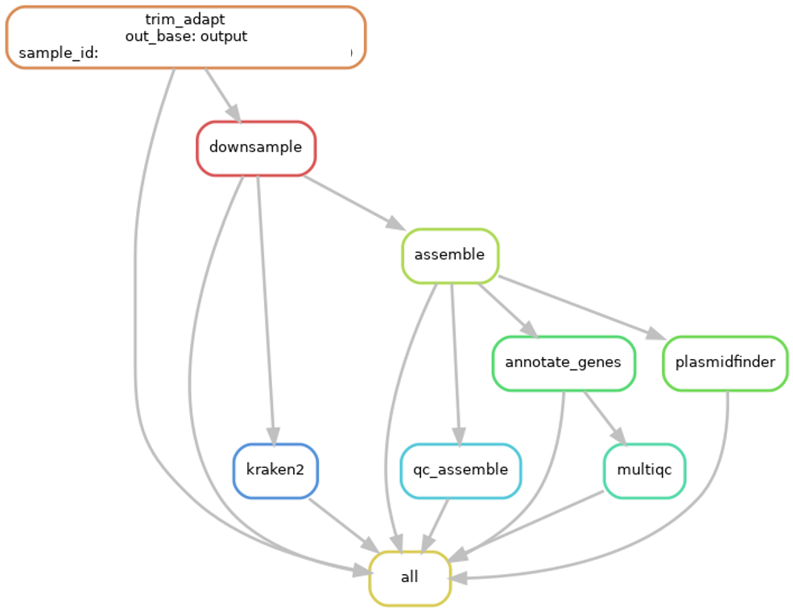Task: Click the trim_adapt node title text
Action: pos(186,19)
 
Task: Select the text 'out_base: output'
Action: pos(186,36)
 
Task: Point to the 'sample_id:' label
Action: pos(58,53)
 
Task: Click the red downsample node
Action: pos(255,147)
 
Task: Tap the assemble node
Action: pos(449,255)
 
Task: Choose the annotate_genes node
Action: pos(563,362)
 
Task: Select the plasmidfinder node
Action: pos(724,362)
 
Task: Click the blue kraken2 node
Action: pos(275,469)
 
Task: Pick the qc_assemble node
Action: pos(461,469)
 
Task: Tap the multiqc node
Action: pos(644,469)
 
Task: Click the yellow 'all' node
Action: pos(409,577)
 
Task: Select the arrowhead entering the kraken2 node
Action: pos(273,435)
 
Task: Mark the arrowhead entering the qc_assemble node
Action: pos(460,435)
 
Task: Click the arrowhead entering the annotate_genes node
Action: pos(529,329)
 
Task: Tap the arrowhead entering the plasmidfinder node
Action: pos(656,334)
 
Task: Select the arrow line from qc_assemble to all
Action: pos(436,523)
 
